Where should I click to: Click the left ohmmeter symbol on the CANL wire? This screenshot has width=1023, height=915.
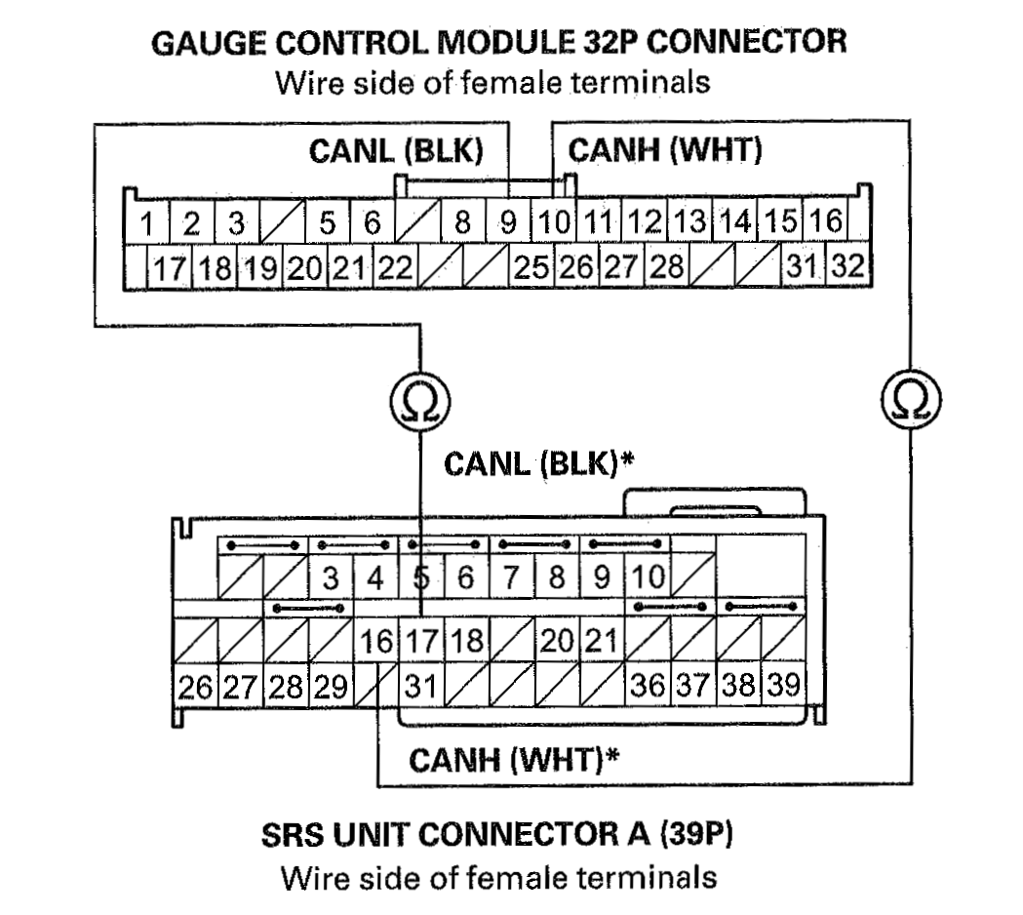coord(420,398)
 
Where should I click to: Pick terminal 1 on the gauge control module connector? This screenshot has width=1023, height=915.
coord(146,223)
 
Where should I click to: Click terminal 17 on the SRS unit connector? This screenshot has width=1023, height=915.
coord(423,642)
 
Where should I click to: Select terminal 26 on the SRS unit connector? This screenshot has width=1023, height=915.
coord(194,686)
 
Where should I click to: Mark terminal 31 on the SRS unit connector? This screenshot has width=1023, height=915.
coord(420,686)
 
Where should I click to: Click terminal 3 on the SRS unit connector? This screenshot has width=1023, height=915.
coord(332,577)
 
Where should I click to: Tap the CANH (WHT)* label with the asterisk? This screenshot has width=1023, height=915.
coord(514,758)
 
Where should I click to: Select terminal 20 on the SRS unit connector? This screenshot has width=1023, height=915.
coord(557,642)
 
